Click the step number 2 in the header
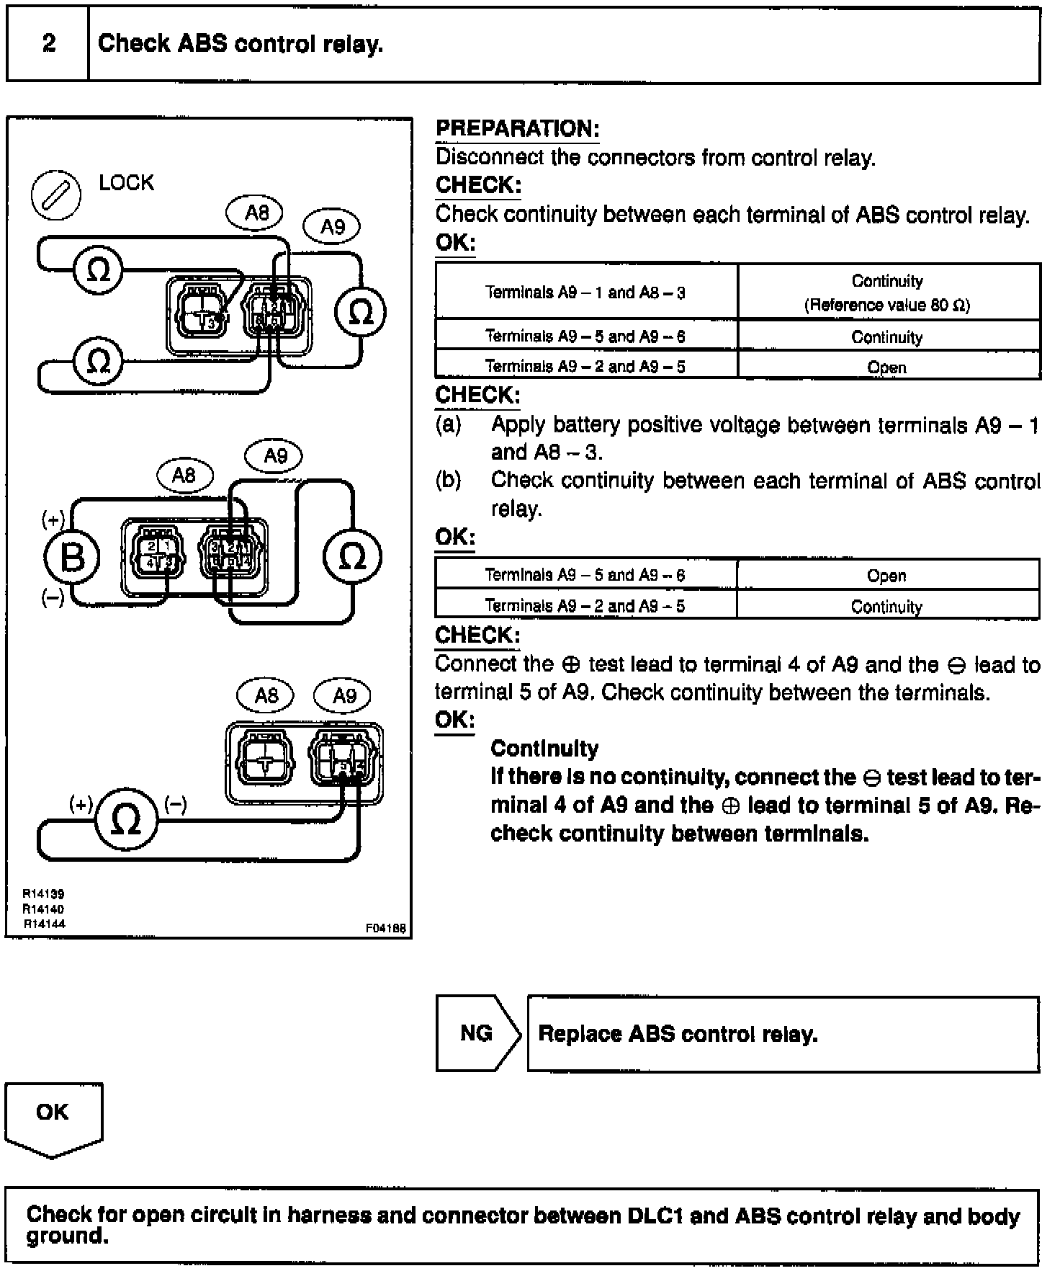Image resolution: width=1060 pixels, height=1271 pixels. (x=48, y=43)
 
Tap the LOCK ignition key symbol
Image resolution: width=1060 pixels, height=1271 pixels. (x=55, y=195)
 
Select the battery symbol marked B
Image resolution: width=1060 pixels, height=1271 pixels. (x=71, y=557)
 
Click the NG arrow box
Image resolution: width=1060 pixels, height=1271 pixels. (x=477, y=1034)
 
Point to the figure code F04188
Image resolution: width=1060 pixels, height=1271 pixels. (x=386, y=929)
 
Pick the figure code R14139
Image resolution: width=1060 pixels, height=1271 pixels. (x=43, y=894)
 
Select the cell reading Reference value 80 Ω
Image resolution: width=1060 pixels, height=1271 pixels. (x=887, y=306)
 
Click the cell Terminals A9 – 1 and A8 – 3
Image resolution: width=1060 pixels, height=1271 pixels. (x=585, y=293)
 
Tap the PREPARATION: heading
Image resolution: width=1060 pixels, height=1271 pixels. (x=518, y=129)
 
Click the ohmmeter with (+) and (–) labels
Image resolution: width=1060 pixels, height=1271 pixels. (x=126, y=819)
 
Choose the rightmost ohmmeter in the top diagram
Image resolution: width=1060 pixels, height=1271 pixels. (x=360, y=312)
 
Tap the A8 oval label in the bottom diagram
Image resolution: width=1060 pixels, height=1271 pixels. (x=266, y=695)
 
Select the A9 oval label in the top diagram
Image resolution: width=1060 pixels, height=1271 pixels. (x=332, y=227)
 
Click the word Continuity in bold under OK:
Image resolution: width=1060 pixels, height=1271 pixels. (x=544, y=749)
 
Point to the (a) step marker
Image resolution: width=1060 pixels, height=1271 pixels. (x=448, y=424)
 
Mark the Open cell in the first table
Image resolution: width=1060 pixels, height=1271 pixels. (x=886, y=367)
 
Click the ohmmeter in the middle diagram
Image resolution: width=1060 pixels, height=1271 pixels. (x=351, y=557)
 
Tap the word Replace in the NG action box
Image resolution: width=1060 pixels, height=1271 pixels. (x=580, y=1034)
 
